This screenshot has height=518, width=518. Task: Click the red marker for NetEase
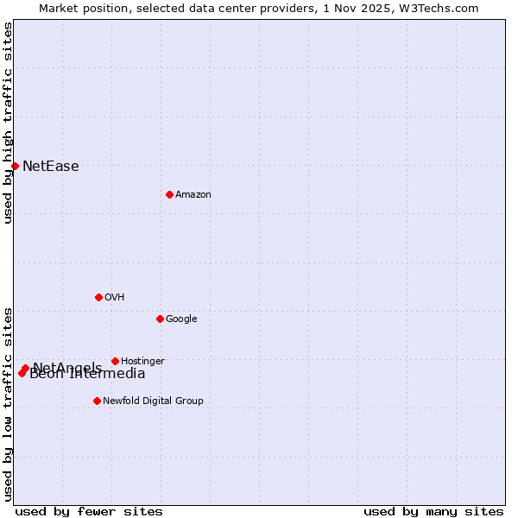coord(15,166)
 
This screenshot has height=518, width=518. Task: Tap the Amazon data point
coord(169,194)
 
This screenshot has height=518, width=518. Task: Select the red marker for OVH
coord(98,297)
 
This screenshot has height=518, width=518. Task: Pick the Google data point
coord(160,319)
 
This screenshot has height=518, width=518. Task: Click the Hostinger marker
coord(115,361)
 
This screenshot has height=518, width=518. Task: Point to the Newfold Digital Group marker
coord(97,401)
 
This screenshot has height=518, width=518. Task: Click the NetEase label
coord(51,167)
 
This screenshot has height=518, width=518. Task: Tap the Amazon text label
coord(193,195)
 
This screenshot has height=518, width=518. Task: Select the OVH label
coord(115,298)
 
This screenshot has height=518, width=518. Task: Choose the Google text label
coord(181,319)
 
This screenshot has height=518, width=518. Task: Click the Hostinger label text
coord(142,362)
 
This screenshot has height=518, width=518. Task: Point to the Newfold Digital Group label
coord(153,401)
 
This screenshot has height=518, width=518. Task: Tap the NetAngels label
coord(67,367)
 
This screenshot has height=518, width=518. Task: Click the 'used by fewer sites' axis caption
coord(89,512)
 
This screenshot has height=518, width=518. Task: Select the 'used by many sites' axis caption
coord(433,512)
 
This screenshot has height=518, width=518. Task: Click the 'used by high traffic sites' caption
coord(8,123)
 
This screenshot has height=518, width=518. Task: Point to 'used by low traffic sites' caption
coord(8,404)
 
